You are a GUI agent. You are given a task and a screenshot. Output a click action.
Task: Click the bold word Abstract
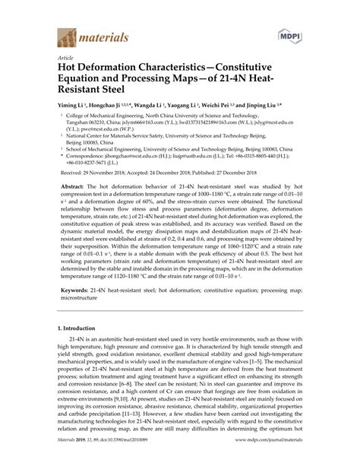pos(74,205)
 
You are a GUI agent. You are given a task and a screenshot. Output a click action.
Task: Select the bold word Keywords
pos(77,332)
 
